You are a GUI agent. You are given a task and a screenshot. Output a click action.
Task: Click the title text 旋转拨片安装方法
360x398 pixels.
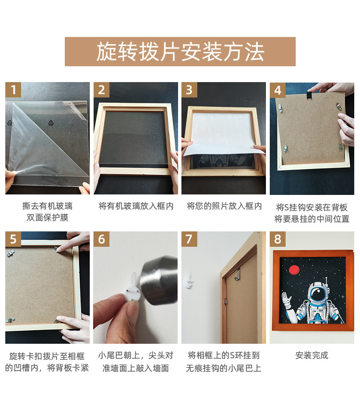[x=180, y=51]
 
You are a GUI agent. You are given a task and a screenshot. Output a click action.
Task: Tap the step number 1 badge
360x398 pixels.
[x=13, y=90]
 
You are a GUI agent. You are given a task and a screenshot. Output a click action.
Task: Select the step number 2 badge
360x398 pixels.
[x=101, y=90]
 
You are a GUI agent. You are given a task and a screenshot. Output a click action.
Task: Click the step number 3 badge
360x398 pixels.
[x=189, y=90]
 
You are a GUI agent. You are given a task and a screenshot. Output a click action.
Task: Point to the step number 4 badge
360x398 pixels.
[x=277, y=90]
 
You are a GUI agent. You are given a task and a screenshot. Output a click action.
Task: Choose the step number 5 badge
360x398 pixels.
[x=13, y=239]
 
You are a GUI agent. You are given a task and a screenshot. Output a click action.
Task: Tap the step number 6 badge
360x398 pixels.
[x=101, y=239]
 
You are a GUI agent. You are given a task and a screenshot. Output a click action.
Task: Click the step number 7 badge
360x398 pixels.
[x=189, y=239]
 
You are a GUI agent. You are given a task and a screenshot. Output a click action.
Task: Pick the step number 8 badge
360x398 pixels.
[x=277, y=239]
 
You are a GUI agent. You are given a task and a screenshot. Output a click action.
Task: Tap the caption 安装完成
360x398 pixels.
[x=312, y=356]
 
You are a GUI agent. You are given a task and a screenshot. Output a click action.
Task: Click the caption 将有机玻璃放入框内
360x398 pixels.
[x=136, y=206]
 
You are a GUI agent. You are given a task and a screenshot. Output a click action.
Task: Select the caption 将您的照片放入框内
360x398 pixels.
[x=224, y=206]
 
